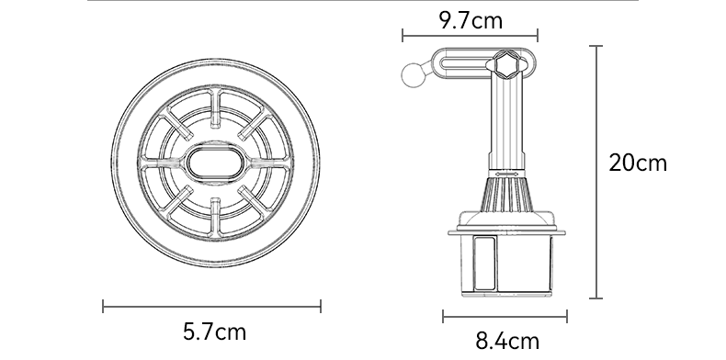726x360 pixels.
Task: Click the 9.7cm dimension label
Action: click(471, 20)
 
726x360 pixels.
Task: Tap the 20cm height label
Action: click(638, 163)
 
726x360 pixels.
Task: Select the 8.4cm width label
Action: click(507, 341)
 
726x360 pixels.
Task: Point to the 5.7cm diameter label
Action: click(214, 332)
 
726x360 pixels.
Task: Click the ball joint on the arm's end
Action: click(414, 75)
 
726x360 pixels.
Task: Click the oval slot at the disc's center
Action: click(215, 163)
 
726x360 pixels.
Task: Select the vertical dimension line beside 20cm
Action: click(596, 172)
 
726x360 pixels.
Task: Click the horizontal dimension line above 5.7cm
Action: click(211, 307)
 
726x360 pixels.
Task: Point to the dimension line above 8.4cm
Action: click(505, 317)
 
